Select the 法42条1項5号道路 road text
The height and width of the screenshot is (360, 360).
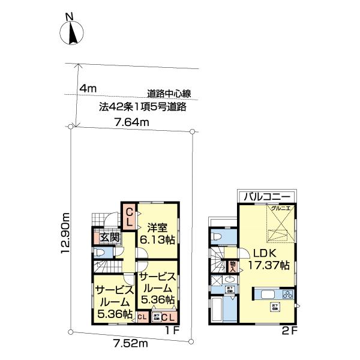click(143, 107)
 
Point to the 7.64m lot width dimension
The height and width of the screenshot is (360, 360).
click(131, 122)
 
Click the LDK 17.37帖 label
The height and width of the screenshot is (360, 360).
click(270, 258)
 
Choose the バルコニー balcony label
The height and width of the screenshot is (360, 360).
click(266, 197)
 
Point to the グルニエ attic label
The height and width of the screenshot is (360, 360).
click(280, 208)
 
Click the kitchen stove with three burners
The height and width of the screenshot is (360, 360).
click(287, 295)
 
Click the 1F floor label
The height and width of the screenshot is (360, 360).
click(172, 329)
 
